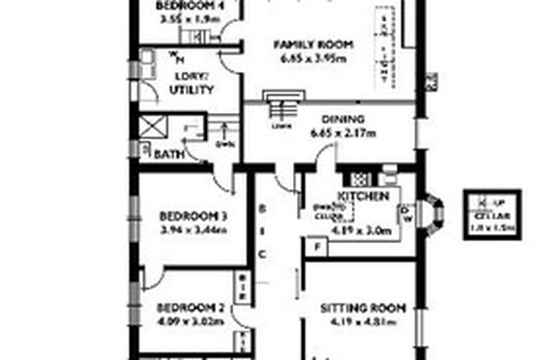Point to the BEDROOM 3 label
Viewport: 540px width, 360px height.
(193, 217)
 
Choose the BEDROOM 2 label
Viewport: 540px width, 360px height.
(191, 308)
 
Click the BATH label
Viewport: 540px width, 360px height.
(169, 154)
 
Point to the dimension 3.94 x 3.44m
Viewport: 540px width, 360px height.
(193, 231)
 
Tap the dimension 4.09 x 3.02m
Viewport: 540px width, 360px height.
(191, 321)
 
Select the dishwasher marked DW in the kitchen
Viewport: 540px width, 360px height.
(406, 215)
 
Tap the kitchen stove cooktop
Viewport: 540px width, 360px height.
(360, 178)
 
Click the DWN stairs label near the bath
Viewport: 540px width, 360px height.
(225, 144)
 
